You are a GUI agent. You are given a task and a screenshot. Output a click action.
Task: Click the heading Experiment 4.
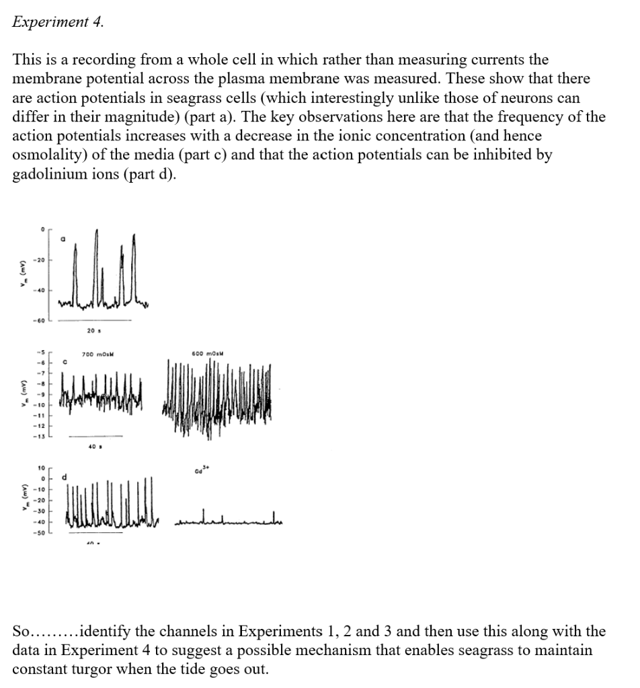tap(58, 21)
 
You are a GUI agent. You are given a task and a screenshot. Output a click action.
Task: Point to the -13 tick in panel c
tap(40, 437)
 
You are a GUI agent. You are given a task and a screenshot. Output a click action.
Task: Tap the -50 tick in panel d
tap(40, 532)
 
